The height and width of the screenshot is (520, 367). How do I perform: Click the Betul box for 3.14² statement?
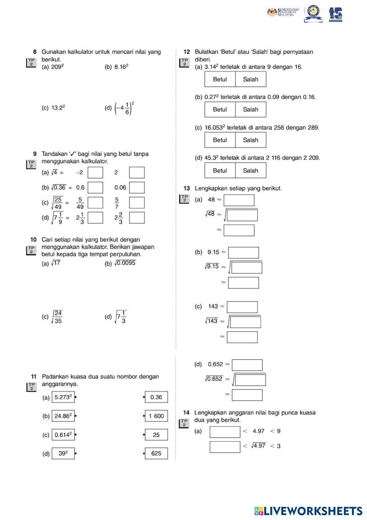point(220,79)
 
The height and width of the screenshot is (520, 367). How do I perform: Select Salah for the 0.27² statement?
point(251,110)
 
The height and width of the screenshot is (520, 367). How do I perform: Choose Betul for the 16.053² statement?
point(220,140)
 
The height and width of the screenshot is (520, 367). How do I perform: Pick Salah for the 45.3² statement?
point(251,171)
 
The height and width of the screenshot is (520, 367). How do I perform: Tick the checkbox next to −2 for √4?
point(95,172)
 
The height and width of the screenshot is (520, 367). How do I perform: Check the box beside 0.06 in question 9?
point(137,188)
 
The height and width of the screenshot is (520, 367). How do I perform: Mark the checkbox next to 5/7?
point(137,203)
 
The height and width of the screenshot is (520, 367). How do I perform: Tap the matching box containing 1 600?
point(156,416)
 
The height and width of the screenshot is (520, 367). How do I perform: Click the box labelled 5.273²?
point(63,397)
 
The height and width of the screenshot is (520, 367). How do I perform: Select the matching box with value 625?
point(156,453)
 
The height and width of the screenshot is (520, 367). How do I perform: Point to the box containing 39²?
point(63,453)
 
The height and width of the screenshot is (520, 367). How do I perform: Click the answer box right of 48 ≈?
point(239,200)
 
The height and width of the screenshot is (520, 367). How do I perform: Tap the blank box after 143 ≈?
point(242,307)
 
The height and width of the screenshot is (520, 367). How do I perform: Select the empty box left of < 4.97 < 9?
point(225,432)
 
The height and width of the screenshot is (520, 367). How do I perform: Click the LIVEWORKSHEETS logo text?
point(312,511)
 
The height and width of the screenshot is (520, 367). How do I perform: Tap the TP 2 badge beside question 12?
point(185,62)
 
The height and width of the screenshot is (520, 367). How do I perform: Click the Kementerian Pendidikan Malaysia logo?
point(283,13)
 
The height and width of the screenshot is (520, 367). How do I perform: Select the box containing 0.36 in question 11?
point(156,397)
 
